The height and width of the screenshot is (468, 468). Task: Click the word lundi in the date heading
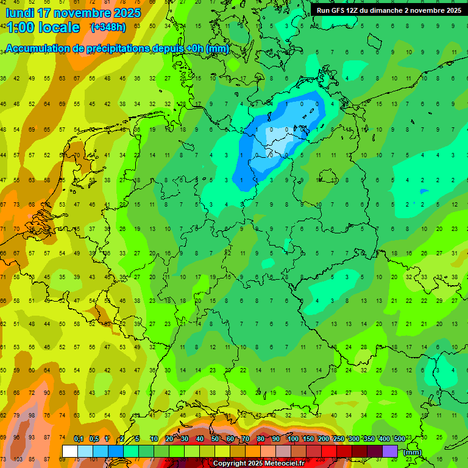[x=21, y=13]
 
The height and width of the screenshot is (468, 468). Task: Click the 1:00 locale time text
[x=43, y=27]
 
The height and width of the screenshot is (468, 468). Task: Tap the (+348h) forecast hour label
[x=108, y=27]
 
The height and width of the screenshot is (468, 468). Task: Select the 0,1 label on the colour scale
[x=79, y=439]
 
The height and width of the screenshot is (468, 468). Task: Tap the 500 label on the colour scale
[x=400, y=439]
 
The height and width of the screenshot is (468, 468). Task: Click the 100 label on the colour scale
[x=293, y=439]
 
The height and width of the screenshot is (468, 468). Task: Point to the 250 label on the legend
[x=339, y=439]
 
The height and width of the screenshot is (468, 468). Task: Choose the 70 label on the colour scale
[x=246, y=439]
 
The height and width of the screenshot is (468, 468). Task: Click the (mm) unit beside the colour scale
[x=413, y=452]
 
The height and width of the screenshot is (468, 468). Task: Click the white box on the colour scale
[x=70, y=451]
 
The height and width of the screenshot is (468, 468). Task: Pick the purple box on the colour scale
[x=390, y=451]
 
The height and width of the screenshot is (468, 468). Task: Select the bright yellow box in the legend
[x=222, y=451]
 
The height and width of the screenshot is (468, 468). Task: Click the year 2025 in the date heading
[x=127, y=13]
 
